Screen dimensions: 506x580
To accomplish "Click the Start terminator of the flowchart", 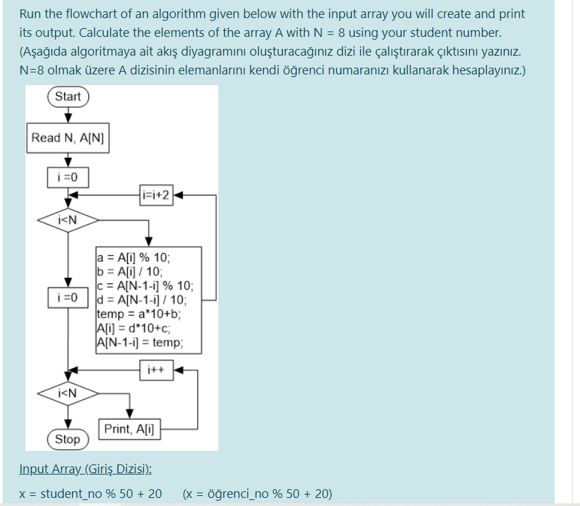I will (68, 97).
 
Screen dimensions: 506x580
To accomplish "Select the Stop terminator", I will (67, 440).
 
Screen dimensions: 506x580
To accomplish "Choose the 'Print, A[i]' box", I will (129, 429).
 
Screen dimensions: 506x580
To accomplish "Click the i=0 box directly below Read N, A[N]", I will (68, 178).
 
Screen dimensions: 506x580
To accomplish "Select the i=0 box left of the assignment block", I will (68, 296).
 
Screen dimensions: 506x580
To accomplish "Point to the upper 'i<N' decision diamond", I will (68, 219).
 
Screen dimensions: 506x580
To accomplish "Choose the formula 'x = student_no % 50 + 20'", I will (90, 494).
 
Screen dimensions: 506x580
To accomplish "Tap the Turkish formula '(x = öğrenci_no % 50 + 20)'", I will (257, 494).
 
